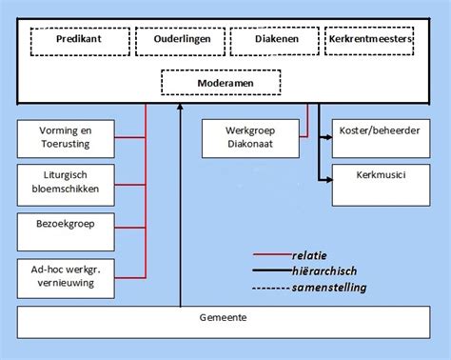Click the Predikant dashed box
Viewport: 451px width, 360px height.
point(79,42)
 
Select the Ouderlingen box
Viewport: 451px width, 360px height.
point(180,42)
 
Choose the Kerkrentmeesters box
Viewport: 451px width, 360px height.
point(369,42)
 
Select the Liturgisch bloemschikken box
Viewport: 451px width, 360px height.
point(66,182)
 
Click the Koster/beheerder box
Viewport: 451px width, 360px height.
point(378,137)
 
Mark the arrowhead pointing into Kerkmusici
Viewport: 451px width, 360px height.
point(327,177)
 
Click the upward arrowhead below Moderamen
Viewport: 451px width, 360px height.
point(180,110)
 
